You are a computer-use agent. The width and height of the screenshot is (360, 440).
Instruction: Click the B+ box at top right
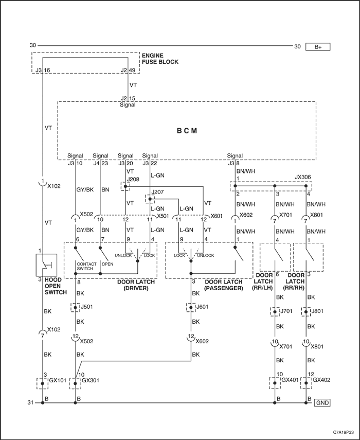[x=318, y=47]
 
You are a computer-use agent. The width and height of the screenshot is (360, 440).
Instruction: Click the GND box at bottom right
[x=322, y=402]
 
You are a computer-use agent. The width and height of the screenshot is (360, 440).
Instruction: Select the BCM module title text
[x=187, y=131]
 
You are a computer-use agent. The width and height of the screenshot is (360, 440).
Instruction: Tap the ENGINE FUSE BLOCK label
[x=160, y=59]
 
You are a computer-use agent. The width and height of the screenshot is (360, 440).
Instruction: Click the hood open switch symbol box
[x=46, y=265]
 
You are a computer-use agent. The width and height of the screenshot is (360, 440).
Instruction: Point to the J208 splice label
[x=133, y=179]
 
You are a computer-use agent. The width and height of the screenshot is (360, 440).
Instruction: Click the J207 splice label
[x=157, y=192]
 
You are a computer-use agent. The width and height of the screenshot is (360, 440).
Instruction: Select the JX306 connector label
[x=303, y=178]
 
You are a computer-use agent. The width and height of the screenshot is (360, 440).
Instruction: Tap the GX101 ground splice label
[x=58, y=380]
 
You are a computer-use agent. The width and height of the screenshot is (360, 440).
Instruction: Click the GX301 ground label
[x=90, y=380]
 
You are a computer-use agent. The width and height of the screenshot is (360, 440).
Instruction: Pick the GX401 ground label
[x=290, y=380]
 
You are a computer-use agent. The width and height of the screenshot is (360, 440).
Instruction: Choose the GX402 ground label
[x=321, y=380]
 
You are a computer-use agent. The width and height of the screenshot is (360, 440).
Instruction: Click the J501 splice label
[x=86, y=307]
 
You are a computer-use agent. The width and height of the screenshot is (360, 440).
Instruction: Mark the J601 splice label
[x=203, y=307]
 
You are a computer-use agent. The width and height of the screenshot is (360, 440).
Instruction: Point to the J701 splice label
[x=286, y=311]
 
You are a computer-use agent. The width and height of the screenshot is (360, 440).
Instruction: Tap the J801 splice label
[x=317, y=311]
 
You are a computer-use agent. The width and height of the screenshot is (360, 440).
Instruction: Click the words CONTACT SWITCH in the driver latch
[x=86, y=266]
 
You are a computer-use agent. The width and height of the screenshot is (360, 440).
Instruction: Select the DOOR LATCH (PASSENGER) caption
[x=224, y=285]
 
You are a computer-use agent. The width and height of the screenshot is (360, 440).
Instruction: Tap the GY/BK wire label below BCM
[x=85, y=189]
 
